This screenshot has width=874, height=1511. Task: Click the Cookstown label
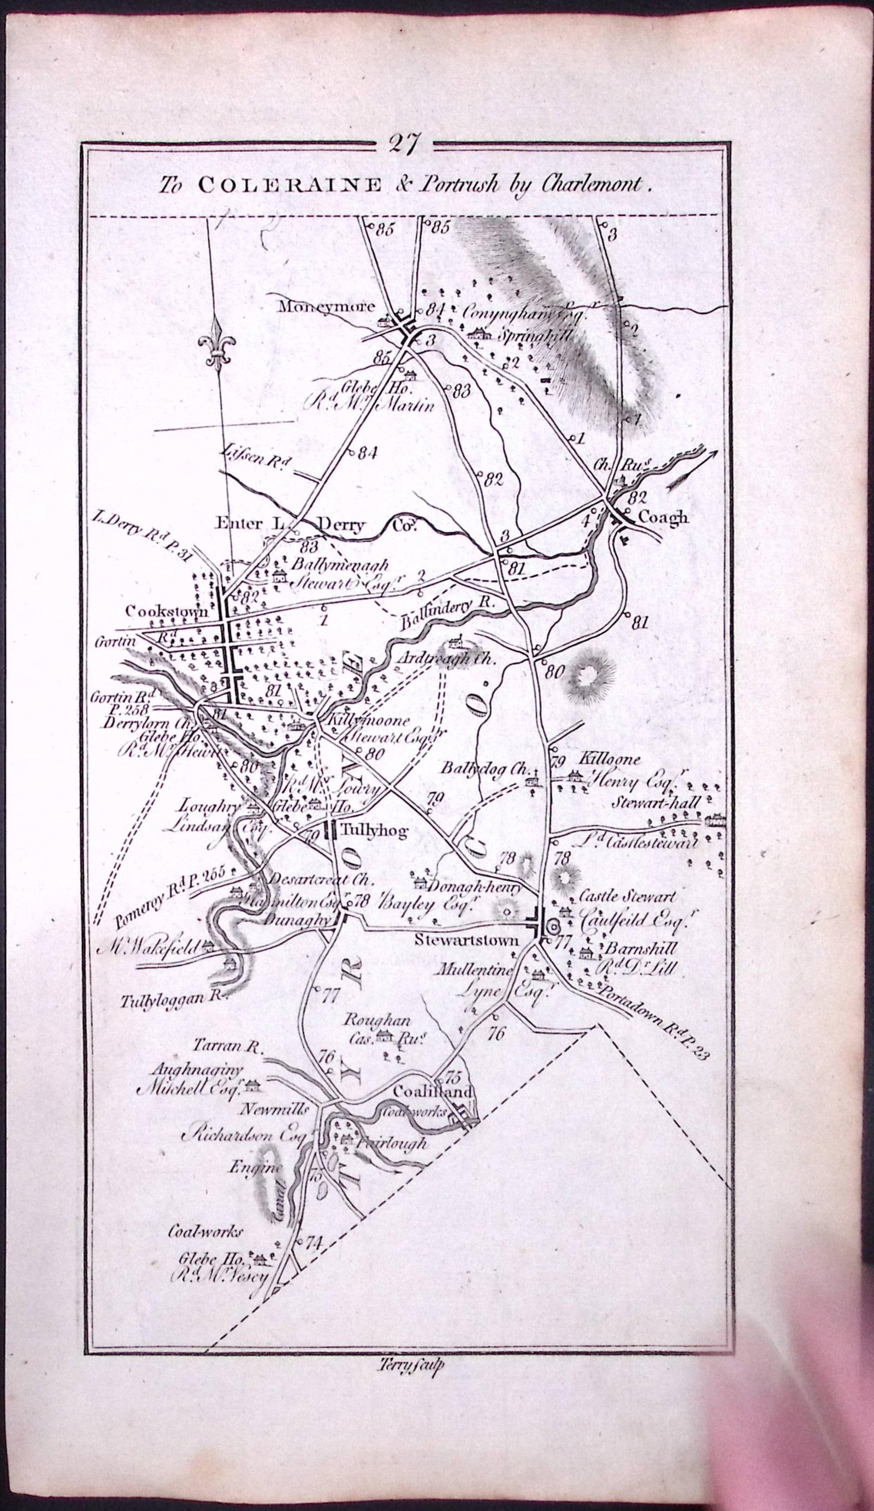tap(166, 612)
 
